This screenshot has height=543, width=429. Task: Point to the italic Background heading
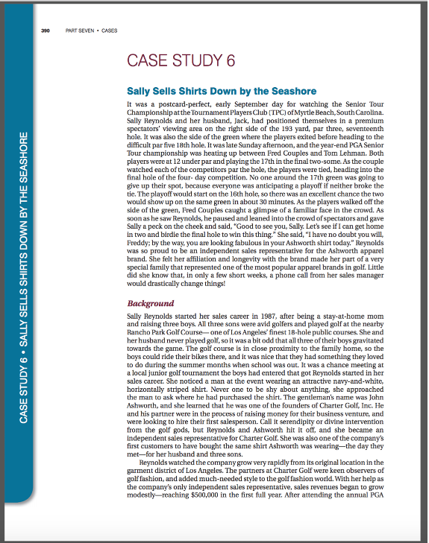pyautogui.click(x=151, y=303)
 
